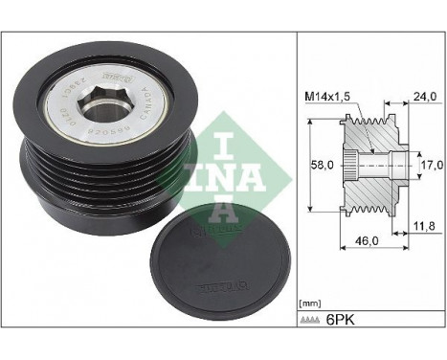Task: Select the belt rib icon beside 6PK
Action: pyautogui.click(x=317, y=324)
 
